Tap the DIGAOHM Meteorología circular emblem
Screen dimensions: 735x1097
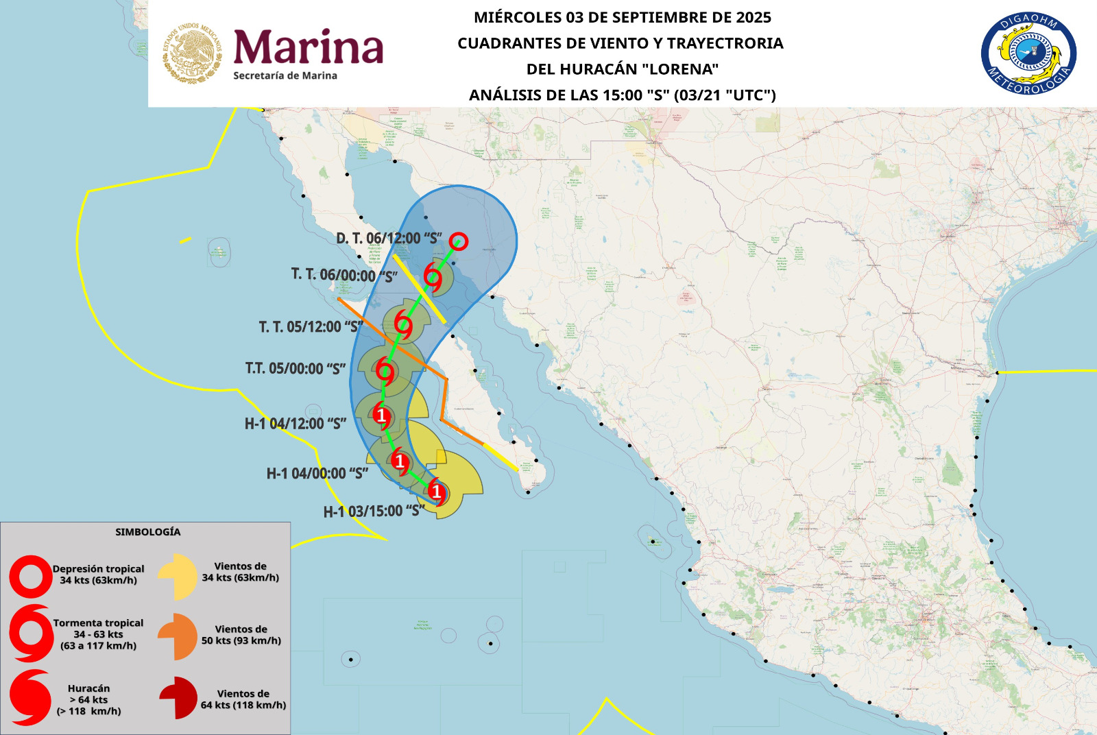[1028, 54]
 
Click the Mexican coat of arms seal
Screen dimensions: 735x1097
[193, 53]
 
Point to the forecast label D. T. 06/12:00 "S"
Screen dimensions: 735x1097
[389, 239]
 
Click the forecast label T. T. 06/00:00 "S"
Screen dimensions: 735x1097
[344, 276]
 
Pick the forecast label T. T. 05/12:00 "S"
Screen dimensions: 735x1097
[311, 327]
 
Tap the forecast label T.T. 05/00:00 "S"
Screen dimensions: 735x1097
[296, 369]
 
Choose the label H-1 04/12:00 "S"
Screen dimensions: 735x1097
[296, 424]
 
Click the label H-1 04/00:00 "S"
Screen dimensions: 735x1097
[317, 474]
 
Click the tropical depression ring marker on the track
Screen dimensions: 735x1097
[459, 241]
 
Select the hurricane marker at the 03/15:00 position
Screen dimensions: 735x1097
[437, 491]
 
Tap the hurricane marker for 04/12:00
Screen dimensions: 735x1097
[381, 415]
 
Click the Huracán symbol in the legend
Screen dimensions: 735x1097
[30, 698]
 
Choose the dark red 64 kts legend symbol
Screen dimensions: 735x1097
[179, 698]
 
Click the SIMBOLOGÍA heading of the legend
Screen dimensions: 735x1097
[148, 532]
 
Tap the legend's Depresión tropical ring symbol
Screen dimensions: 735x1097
[30, 577]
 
